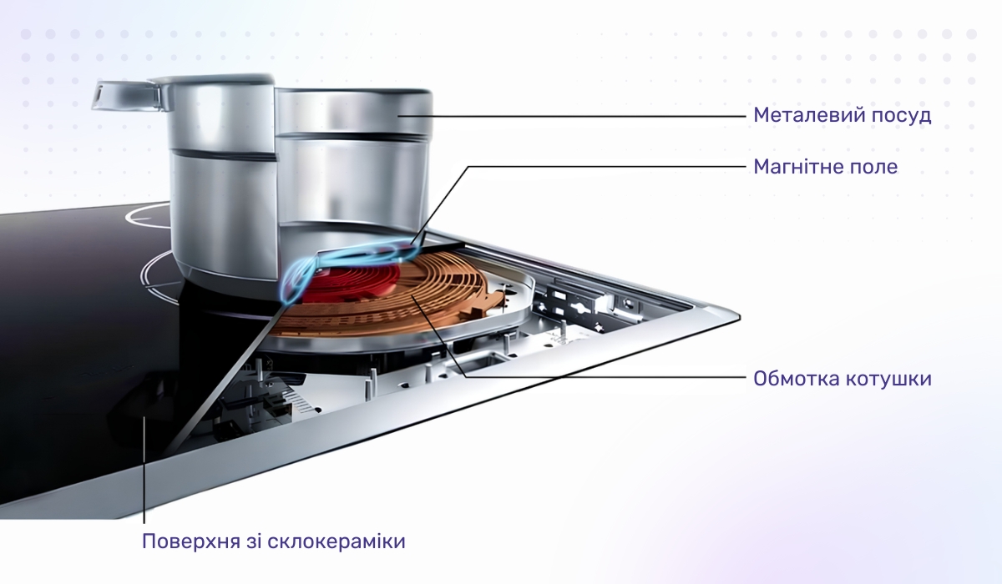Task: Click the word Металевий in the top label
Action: pyautogui.click(x=807, y=115)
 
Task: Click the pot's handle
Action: pyautogui.click(x=128, y=95)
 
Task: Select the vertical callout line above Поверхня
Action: pyautogui.click(x=144, y=469)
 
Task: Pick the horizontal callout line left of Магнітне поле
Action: pyautogui.click(x=607, y=167)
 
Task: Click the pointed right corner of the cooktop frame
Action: pyautogui.click(x=738, y=317)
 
